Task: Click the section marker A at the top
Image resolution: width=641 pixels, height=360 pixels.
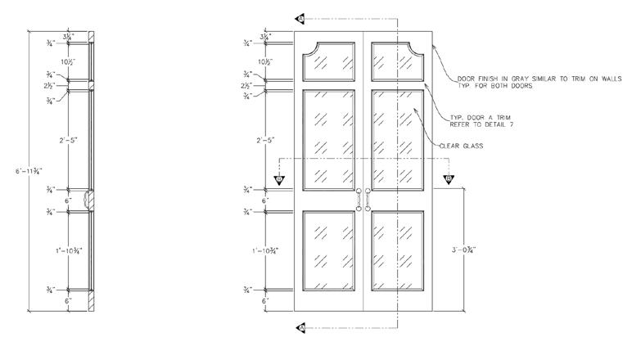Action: (300, 16)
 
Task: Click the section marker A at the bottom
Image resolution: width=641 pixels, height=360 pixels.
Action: (300, 328)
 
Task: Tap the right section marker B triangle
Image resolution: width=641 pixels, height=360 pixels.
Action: (449, 178)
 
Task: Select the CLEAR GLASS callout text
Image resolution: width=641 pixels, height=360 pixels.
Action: (463, 146)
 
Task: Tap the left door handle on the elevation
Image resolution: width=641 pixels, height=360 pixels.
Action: (358, 199)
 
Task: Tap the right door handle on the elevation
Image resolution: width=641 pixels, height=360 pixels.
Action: (368, 199)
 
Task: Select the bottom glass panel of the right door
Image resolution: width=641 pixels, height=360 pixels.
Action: (397, 250)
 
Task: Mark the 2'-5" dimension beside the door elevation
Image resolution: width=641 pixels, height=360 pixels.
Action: (264, 140)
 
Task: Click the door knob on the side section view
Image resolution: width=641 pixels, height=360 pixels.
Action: (92, 199)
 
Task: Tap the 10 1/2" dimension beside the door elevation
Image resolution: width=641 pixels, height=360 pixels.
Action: (264, 61)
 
